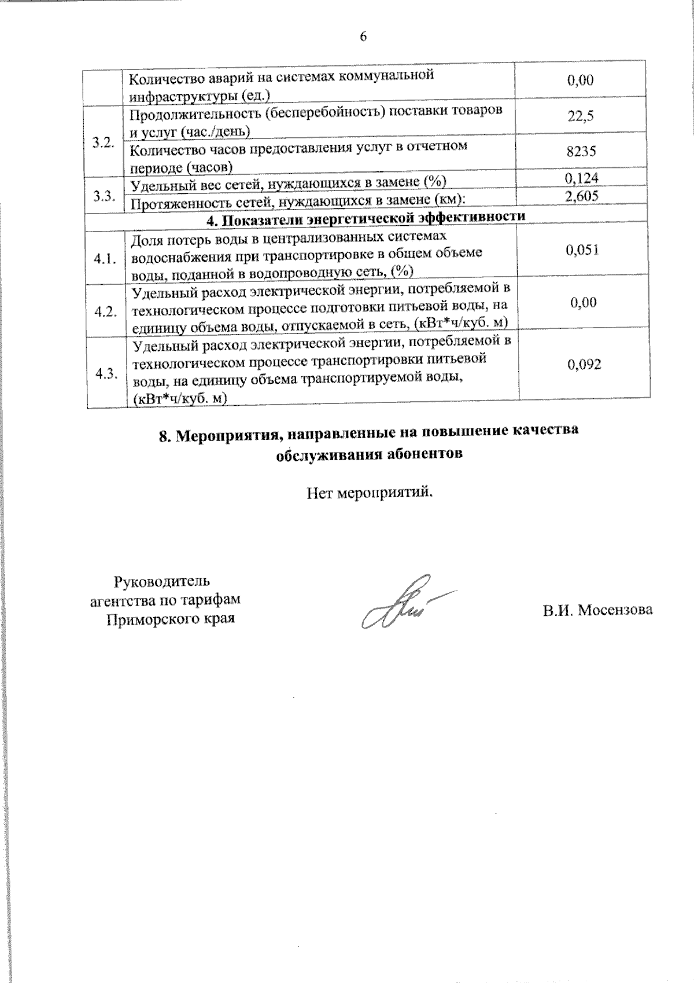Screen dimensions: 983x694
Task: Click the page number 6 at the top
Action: click(363, 37)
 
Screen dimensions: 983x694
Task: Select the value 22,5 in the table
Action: click(581, 116)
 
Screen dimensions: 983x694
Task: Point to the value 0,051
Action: click(582, 250)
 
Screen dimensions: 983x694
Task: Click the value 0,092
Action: click(584, 364)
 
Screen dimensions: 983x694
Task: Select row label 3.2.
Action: click(105, 143)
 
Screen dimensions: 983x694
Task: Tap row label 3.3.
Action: click(105, 195)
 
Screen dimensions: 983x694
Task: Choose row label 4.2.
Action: click(106, 311)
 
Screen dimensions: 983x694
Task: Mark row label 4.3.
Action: click(107, 373)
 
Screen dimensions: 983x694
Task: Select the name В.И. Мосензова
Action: click(597, 610)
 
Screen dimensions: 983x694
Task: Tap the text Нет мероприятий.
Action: click(370, 493)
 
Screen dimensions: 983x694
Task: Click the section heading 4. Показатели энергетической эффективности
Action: click(366, 217)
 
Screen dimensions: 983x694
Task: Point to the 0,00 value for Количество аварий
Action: click(581, 80)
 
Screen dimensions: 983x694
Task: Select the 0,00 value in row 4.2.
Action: click(583, 302)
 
